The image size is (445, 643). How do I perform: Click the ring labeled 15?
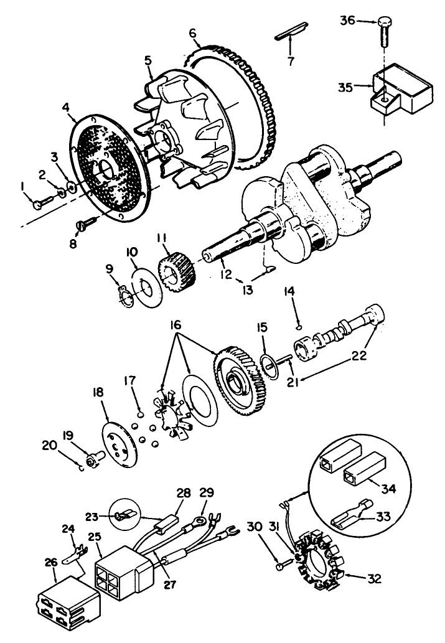pyautogui.click(x=269, y=365)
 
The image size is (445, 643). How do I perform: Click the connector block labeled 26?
pyautogui.click(x=65, y=602)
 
